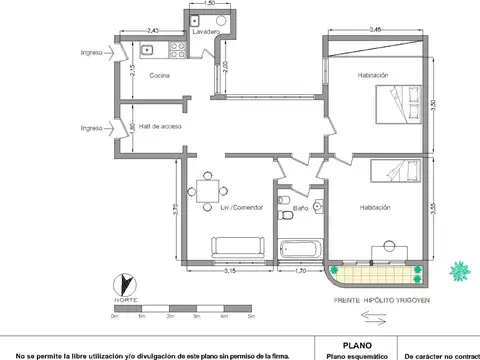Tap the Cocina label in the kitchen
tap(161, 76)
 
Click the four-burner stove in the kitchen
tap(179, 47)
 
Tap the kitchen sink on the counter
tap(148, 47)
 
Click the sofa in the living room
tap(236, 246)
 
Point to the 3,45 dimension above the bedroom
tap(373, 32)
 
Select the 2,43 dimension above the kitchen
tap(152, 32)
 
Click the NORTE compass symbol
tap(124, 285)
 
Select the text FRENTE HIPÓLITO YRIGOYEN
tap(382, 299)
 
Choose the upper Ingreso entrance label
tap(92, 52)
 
